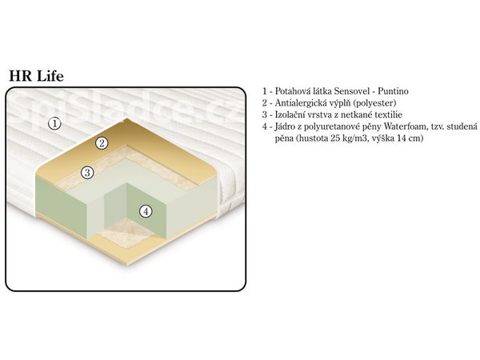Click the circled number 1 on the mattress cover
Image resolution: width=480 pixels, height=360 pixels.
click(x=54, y=124)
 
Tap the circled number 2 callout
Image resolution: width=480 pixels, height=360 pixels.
click(x=102, y=143)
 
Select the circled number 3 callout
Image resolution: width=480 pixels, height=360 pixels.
click(x=87, y=173)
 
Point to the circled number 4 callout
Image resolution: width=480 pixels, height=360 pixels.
click(x=146, y=211)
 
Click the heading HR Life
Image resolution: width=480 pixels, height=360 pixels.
click(x=37, y=76)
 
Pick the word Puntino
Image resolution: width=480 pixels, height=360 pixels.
click(x=393, y=91)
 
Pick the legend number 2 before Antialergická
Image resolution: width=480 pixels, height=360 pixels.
click(x=265, y=103)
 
